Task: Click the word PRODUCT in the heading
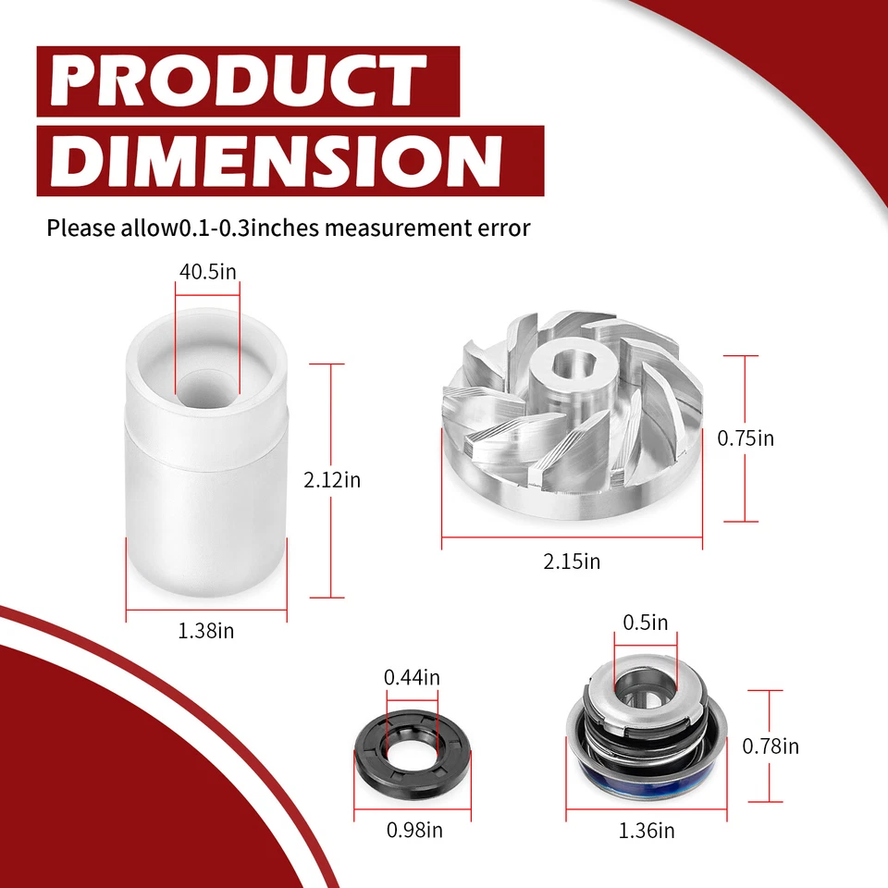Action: point(239,81)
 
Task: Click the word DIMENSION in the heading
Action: point(283,159)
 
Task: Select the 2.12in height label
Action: point(332,480)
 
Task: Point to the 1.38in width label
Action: point(205,632)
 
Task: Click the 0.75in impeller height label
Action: point(746,438)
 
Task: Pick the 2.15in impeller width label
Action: point(572,561)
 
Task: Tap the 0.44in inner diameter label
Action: point(412,677)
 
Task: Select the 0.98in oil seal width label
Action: point(413,831)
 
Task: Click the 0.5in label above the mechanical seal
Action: point(645,623)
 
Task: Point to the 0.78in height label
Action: point(771,746)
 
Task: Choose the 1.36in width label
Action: point(646,831)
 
